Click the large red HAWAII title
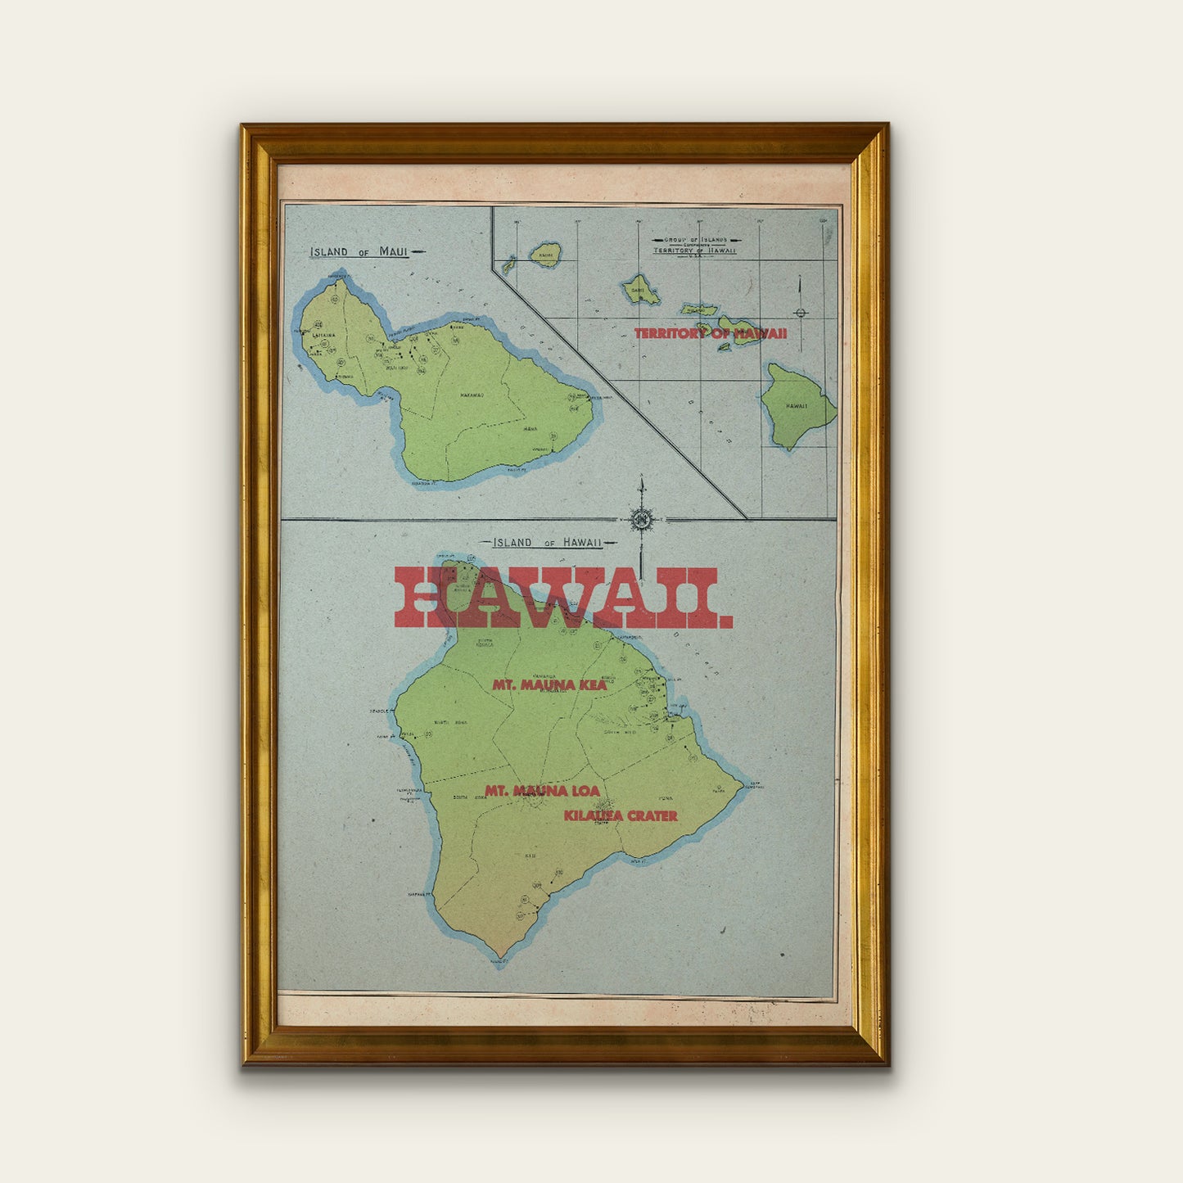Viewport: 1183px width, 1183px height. (563, 598)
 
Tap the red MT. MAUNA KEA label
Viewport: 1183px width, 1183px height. (549, 684)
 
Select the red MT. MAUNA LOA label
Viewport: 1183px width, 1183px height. (542, 791)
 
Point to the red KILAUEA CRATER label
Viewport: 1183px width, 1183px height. (620, 815)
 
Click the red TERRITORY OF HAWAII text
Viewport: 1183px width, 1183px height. (710, 333)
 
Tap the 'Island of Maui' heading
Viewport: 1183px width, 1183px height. (359, 251)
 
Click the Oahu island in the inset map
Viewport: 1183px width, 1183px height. (639, 289)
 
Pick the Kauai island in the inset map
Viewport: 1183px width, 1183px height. (545, 254)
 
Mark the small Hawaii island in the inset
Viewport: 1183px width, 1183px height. (797, 404)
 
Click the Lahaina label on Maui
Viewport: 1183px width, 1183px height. (323, 334)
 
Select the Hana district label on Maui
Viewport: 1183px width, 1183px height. (531, 428)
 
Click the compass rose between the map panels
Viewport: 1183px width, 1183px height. (643, 519)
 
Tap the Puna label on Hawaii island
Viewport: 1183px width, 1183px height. (665, 797)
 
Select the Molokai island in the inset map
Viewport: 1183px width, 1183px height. (700, 310)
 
